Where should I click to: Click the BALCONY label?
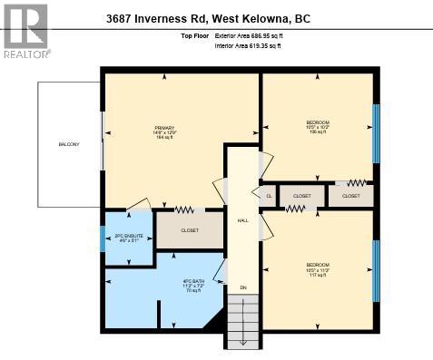click(x=68, y=143)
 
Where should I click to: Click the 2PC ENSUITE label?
click(x=127, y=238)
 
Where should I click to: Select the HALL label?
click(x=242, y=220)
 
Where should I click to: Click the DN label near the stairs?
click(x=242, y=287)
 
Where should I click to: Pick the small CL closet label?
click(x=269, y=195)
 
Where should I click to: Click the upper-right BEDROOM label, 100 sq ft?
click(x=317, y=126)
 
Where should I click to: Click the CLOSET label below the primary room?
click(x=190, y=230)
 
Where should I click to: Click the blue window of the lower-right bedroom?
click(x=375, y=269)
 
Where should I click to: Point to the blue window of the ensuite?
click(x=103, y=238)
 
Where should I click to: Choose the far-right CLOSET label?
click(x=350, y=195)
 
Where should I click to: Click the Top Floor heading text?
click(x=194, y=37)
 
